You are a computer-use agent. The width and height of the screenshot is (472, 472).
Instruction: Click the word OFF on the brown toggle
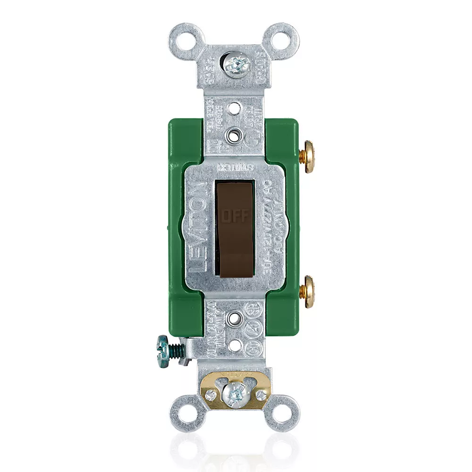tap(235, 216)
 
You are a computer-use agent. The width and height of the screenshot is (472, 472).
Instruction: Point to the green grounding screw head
tap(163, 348)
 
